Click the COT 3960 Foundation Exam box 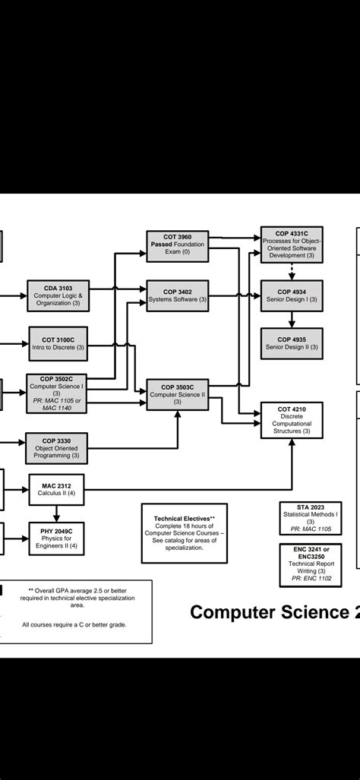(x=176, y=246)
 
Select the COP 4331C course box (x=292, y=245)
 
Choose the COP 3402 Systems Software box (x=176, y=295)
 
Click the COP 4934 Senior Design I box (x=292, y=295)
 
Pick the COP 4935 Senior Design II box (x=292, y=343)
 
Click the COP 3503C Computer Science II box (x=176, y=394)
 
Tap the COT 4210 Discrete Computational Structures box (x=292, y=420)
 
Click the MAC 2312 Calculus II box (x=56, y=488)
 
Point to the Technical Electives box (x=185, y=532)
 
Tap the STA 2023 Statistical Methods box (x=310, y=518)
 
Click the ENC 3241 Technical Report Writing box (x=310, y=564)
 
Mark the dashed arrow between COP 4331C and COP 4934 (x=292, y=271)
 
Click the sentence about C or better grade (x=74, y=624)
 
